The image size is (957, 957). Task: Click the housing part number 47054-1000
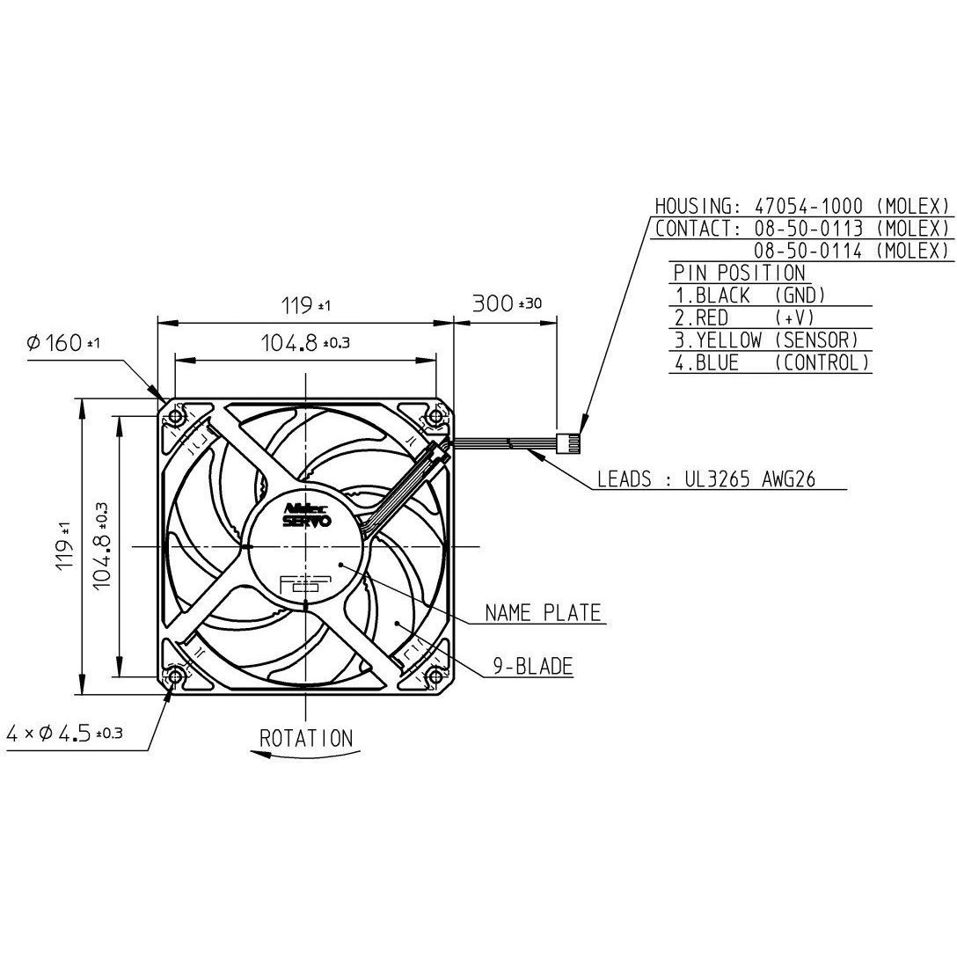(808, 206)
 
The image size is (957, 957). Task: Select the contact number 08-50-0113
(808, 229)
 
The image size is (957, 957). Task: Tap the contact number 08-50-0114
(808, 250)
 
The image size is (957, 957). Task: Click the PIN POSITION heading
(739, 273)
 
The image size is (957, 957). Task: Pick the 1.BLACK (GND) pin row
(750, 296)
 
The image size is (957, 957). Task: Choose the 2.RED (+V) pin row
(745, 318)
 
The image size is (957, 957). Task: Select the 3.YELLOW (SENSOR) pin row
(767, 340)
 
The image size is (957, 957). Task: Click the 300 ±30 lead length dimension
(507, 303)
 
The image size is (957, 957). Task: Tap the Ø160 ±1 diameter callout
(63, 342)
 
